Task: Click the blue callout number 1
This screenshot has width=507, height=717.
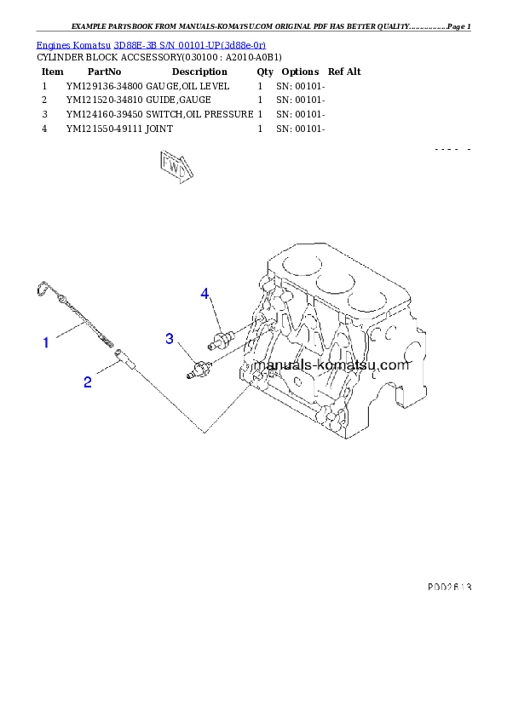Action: pyautogui.click(x=46, y=342)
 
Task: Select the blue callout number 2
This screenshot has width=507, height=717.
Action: pyautogui.click(x=88, y=382)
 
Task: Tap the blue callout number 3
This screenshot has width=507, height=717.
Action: pyautogui.click(x=170, y=339)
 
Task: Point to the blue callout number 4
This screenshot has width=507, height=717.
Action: pyautogui.click(x=205, y=294)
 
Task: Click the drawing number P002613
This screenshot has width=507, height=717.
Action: pyautogui.click(x=449, y=587)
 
